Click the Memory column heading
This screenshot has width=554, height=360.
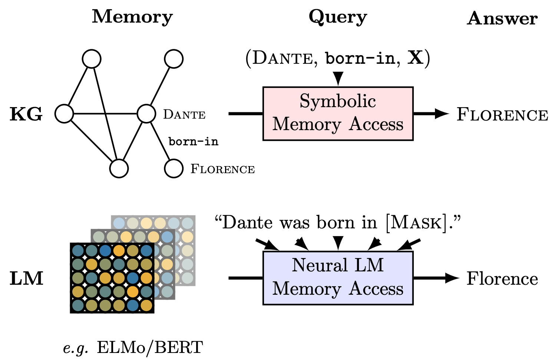click(x=132, y=17)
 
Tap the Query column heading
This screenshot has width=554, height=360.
click(x=337, y=17)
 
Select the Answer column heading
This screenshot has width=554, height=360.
click(x=502, y=18)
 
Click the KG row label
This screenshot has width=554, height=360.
click(x=26, y=114)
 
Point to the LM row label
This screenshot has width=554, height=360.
click(x=26, y=278)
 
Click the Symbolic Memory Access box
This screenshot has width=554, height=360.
click(x=338, y=113)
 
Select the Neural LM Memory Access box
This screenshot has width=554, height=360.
click(x=338, y=278)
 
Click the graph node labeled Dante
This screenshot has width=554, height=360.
click(x=146, y=113)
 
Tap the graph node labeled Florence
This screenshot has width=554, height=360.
click(x=174, y=168)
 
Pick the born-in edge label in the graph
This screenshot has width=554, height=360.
click(x=193, y=141)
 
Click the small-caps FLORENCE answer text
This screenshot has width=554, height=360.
click(x=502, y=115)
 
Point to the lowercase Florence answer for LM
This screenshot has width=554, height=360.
click(x=502, y=278)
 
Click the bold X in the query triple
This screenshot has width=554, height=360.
click(x=415, y=58)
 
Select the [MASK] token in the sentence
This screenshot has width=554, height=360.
click(x=416, y=222)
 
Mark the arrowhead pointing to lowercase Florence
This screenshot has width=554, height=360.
click(x=452, y=278)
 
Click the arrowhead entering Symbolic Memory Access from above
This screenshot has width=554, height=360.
click(x=338, y=79)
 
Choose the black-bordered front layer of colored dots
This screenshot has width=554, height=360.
click(x=112, y=278)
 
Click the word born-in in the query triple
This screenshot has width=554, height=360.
click(x=360, y=58)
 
